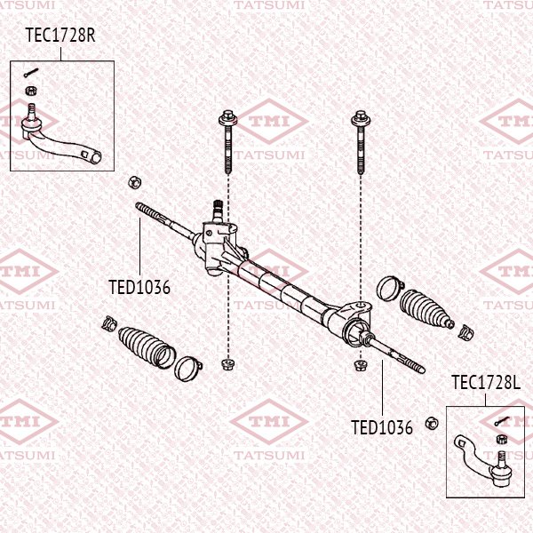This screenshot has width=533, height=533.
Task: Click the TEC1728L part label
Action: coord(485,383)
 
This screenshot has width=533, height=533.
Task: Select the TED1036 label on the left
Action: coord(139,287)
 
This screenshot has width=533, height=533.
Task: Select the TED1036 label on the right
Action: coord(382,427)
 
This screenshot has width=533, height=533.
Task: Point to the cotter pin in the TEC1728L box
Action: coord(503,421)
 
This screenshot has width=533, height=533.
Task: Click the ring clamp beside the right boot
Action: coord(388,288)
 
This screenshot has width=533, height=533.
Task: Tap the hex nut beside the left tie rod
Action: coord(134,181)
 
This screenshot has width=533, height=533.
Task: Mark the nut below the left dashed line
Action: coord(227,363)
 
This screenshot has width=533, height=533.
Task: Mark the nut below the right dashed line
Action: coord(360,364)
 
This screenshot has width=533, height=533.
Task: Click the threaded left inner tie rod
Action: coord(160,217)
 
